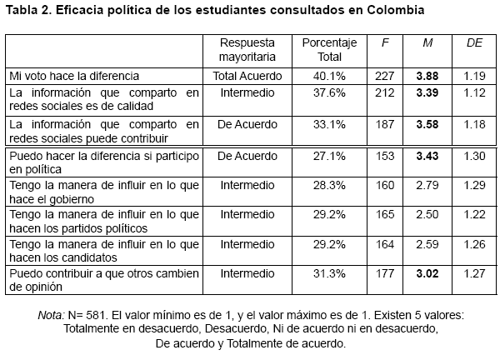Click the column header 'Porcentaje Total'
pos(328,49)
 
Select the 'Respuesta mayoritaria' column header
pos(247,49)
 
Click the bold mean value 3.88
pos(427,76)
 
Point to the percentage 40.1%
pos(328,76)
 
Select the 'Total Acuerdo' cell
pos(247,76)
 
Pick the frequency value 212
pos(383,93)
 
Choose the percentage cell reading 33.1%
pos(328,124)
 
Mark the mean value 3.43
pos(427,156)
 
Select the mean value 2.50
pos(427,215)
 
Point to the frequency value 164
pos(383,245)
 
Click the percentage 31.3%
pos(328,275)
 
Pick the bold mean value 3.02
pos(427,275)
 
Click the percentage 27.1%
pos(328,156)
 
